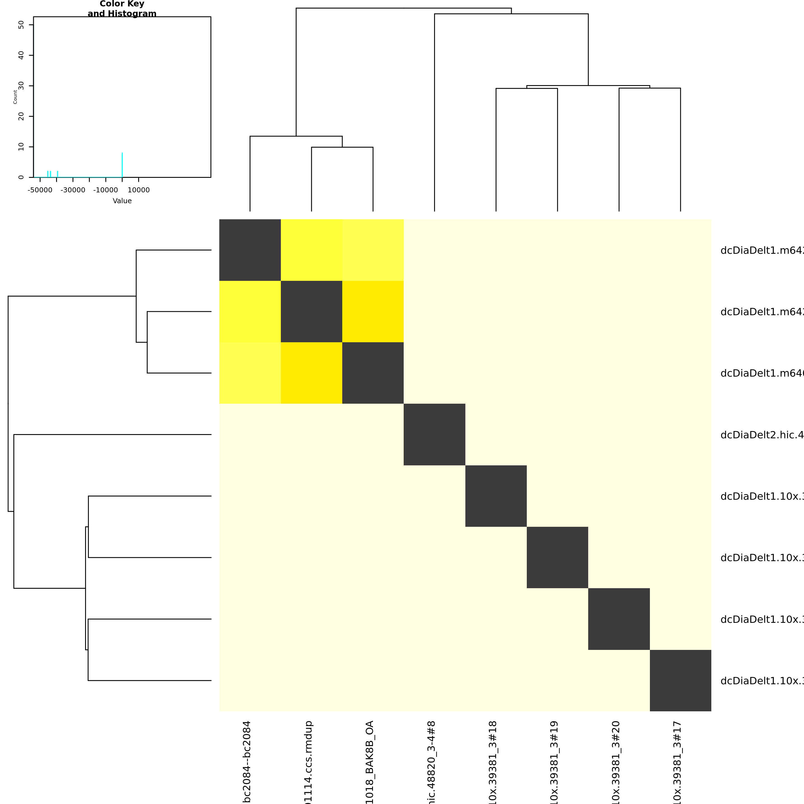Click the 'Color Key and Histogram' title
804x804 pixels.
point(122,9)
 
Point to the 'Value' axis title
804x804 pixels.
point(122,201)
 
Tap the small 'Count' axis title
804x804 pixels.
point(15,97)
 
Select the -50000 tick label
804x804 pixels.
point(40,190)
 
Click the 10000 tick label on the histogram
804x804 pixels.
point(138,190)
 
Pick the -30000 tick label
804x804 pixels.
point(73,190)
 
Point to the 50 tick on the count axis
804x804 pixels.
point(21,25)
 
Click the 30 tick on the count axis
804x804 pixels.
point(21,86)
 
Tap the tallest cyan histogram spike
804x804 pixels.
point(122,165)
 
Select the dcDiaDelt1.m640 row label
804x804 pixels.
point(762,373)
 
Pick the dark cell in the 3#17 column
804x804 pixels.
point(680,680)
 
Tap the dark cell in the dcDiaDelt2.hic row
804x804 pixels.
point(434,434)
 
